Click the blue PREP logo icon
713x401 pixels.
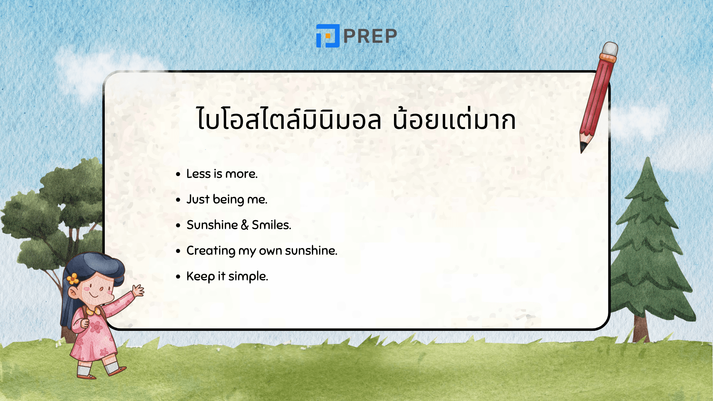pyautogui.click(x=328, y=36)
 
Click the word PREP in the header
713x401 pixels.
pyautogui.click(x=370, y=36)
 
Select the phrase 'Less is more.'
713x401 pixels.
pyautogui.click(x=222, y=174)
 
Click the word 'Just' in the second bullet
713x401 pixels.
pyautogui.click(x=198, y=199)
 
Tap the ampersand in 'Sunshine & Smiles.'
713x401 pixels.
pyautogui.click(x=244, y=225)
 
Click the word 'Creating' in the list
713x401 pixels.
pyautogui.click(x=211, y=251)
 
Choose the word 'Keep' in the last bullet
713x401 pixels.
pyautogui.click(x=201, y=277)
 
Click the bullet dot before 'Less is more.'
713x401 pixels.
pyautogui.click(x=178, y=174)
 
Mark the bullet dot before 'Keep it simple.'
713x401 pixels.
pyautogui.click(x=178, y=277)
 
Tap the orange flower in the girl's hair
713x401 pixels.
pyautogui.click(x=73, y=278)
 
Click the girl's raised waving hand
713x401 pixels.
pyautogui.click(x=138, y=290)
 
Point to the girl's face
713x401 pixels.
pyautogui.click(x=98, y=288)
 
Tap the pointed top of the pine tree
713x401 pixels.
pyautogui.click(x=648, y=160)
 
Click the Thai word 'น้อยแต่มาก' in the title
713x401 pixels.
pyautogui.click(x=454, y=120)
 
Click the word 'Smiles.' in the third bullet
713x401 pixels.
pyautogui.click(x=271, y=225)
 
